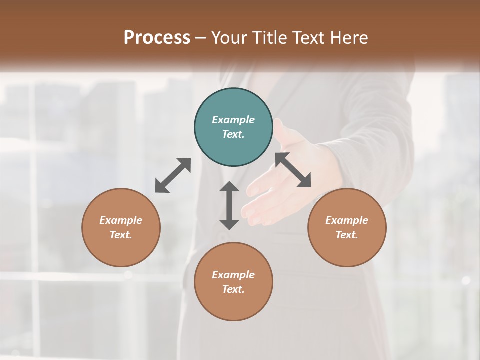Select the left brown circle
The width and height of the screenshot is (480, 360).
click(x=121, y=227)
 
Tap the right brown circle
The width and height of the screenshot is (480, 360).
click(x=347, y=227)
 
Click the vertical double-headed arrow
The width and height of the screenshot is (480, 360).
click(x=229, y=205)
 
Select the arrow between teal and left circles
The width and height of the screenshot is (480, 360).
click(x=173, y=175)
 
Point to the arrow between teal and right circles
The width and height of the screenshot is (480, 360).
click(x=293, y=170)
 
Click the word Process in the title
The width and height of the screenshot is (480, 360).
click(x=157, y=37)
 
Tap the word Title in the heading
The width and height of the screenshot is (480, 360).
click(x=270, y=37)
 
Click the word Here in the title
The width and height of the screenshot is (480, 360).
click(x=350, y=37)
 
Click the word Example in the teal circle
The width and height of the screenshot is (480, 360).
click(x=233, y=120)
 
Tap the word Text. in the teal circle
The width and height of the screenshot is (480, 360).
click(x=233, y=134)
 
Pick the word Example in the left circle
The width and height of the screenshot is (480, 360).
click(x=121, y=220)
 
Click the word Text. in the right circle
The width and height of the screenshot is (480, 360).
click(x=347, y=235)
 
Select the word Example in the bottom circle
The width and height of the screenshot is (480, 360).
click(x=233, y=275)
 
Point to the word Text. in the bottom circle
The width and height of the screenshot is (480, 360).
click(x=233, y=289)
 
